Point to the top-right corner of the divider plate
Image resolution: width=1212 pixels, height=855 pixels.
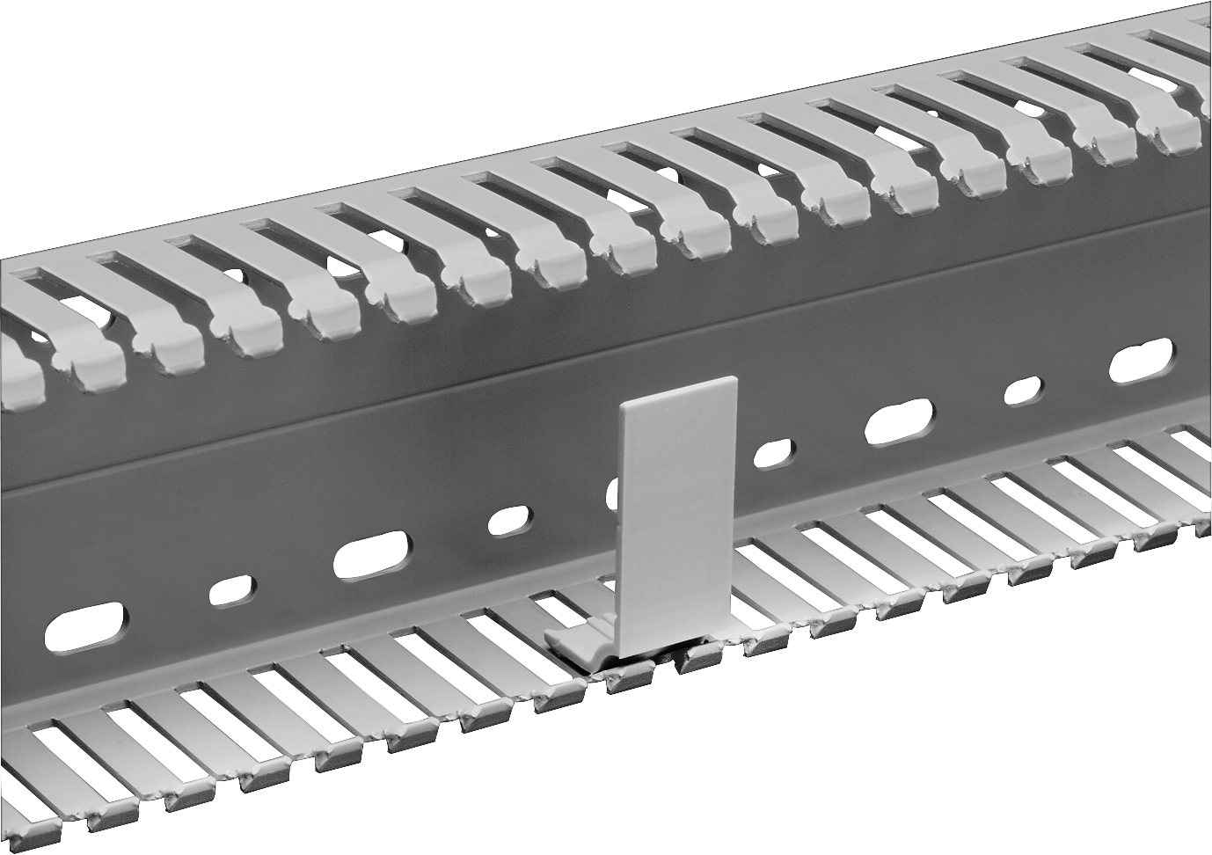[x=735, y=379]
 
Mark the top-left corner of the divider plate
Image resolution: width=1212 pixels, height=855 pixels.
[x=622, y=406]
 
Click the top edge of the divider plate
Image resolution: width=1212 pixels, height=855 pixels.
[x=679, y=391]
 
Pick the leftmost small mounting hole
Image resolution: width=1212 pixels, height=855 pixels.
[x=232, y=590]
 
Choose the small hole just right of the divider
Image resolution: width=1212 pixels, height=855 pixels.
[x=773, y=452]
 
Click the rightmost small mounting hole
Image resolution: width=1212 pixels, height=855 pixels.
[x=1022, y=391]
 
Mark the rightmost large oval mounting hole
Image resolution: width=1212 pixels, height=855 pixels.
[x=1141, y=361]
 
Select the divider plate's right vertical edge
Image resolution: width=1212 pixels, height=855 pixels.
[x=737, y=506]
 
